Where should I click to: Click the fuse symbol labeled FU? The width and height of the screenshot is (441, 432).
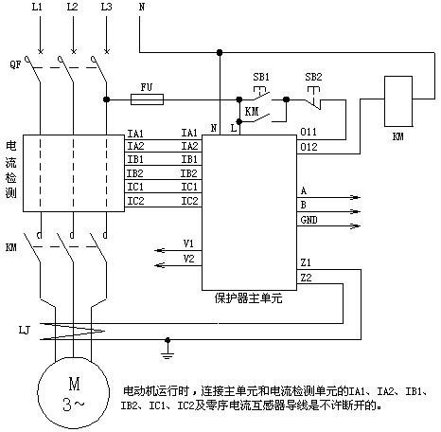[147, 99]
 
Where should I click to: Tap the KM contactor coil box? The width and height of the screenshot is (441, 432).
[398, 101]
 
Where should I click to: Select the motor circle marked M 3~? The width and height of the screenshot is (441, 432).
[74, 392]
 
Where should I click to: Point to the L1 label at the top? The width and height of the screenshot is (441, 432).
[37, 7]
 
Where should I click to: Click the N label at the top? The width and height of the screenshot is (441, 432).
[142, 7]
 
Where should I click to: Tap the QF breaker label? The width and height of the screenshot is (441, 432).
[15, 64]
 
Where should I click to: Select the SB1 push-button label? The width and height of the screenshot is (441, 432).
[261, 77]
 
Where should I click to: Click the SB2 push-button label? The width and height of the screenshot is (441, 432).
[313, 77]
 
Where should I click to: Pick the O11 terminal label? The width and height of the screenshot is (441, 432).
[309, 132]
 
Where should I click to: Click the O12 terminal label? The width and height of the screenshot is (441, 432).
[309, 147]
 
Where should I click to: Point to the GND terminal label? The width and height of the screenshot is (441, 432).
[309, 220]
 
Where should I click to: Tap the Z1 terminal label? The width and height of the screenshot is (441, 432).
[306, 262]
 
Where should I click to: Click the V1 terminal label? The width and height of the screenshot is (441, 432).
[188, 243]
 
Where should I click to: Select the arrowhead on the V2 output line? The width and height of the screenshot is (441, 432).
[159, 265]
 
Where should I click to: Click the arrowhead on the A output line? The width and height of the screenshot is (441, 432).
[356, 198]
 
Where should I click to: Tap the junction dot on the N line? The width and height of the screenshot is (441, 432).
[220, 52]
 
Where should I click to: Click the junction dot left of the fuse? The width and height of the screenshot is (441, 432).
[107, 99]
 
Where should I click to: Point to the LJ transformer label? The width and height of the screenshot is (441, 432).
[25, 331]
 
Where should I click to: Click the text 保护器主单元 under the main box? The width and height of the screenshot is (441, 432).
[248, 298]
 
